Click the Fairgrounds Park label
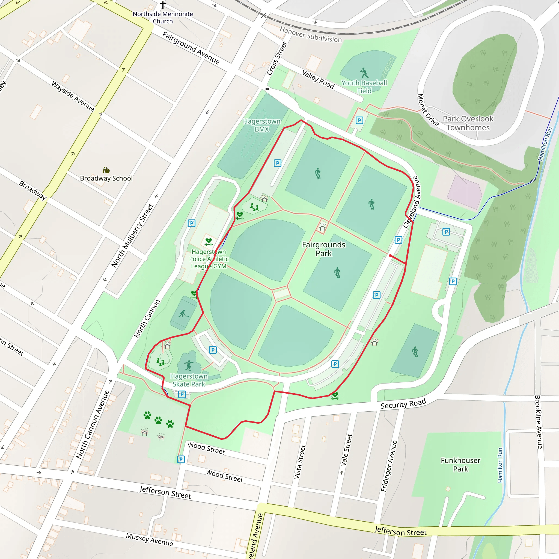click(x=323, y=249)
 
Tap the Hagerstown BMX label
click(x=261, y=125)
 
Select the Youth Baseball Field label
click(x=364, y=87)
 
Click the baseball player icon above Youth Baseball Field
click(x=364, y=73)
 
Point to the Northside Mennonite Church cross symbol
click(x=163, y=5)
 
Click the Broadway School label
click(x=106, y=178)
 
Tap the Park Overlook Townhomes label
click(x=468, y=123)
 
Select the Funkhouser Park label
click(x=460, y=464)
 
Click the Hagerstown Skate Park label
click(x=189, y=380)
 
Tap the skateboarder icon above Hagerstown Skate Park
click(x=189, y=365)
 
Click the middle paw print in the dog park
click(x=158, y=420)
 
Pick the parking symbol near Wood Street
click(x=181, y=459)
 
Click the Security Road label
click(x=403, y=403)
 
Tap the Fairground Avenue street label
click(x=191, y=48)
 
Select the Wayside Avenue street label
click(x=73, y=96)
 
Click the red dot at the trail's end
click(x=390, y=255)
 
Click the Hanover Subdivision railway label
click(x=310, y=34)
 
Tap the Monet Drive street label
click(x=428, y=110)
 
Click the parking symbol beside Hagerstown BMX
click(x=278, y=163)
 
